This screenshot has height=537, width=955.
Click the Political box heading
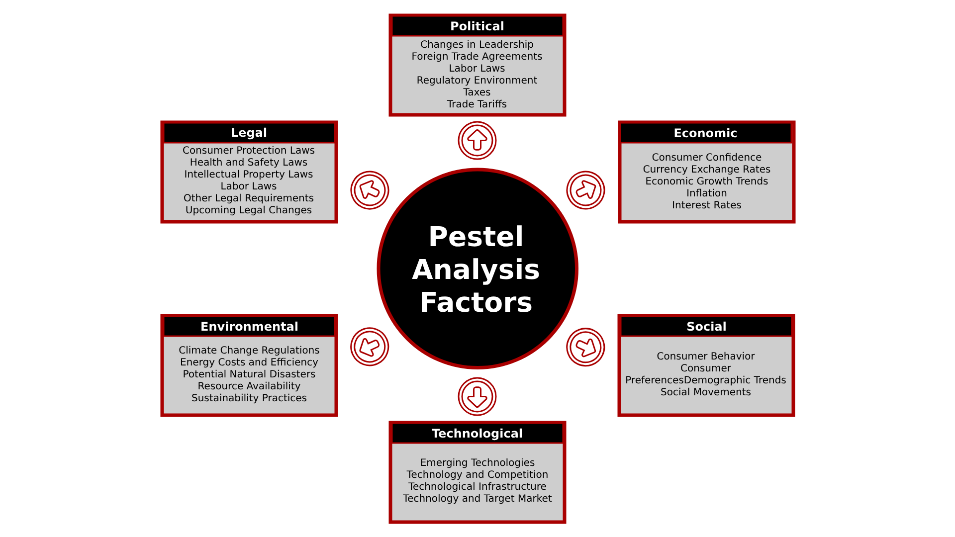pos(477,26)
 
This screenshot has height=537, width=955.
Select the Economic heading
pos(705,133)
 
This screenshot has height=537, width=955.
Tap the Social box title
pos(706,327)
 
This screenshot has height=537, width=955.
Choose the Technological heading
pos(477,434)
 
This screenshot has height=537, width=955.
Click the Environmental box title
pos(249,327)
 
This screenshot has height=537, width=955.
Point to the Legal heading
pos(249,133)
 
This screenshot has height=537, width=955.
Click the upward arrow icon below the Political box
pos(477,141)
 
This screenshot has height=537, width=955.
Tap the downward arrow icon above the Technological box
pos(477,397)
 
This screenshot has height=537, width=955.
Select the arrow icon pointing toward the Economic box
pos(585,190)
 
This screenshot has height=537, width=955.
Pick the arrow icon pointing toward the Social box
pos(585,347)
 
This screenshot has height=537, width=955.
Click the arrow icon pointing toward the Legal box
pos(370,190)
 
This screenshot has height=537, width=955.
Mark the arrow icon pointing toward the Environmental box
pos(370,347)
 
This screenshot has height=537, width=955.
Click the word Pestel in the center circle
pos(476,237)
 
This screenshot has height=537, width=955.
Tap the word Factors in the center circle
pos(476,302)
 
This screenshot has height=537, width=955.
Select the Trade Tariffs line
pos(477,104)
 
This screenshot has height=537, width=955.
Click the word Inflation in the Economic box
pos(706,193)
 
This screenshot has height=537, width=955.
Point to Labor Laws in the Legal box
pos(249,186)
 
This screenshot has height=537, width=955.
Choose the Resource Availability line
pos(249,386)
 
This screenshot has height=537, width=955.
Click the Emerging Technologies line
pos(477,463)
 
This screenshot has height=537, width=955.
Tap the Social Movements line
pos(705,392)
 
